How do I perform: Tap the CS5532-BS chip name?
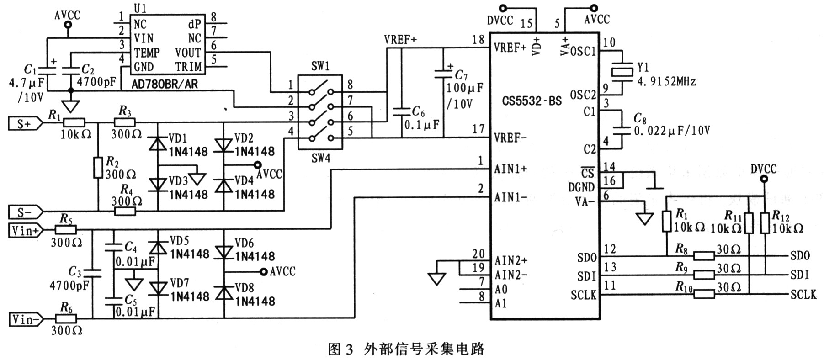pyautogui.click(x=532, y=101)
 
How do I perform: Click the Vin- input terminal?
pyautogui.click(x=26, y=319)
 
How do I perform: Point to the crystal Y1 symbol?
pyautogui.click(x=622, y=71)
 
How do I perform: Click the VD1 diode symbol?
pyautogui.click(x=158, y=144)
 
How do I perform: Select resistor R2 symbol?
pyautogui.click(x=98, y=167)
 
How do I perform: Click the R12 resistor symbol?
pyautogui.click(x=765, y=223)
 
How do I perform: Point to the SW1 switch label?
pyautogui.click(x=320, y=66)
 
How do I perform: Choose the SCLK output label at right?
pyautogui.click(x=803, y=295)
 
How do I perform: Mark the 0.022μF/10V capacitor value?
pyautogui.click(x=672, y=131)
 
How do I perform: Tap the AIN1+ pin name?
pyautogui.click(x=510, y=169)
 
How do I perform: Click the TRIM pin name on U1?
pyautogui.click(x=188, y=67)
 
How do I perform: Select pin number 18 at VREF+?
pyautogui.click(x=478, y=40)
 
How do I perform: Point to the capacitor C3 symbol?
pyautogui.click(x=92, y=273)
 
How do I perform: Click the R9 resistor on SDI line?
pyautogui.click(x=704, y=275)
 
